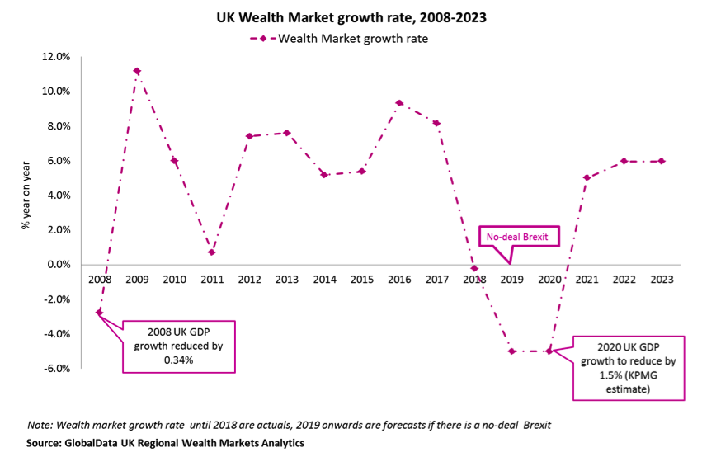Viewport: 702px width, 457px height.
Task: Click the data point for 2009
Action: [137, 71]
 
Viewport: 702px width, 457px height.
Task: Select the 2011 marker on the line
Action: [212, 252]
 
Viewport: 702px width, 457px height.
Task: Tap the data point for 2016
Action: [399, 103]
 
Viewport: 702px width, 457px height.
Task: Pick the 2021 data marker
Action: [587, 177]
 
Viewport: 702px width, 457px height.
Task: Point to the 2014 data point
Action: [324, 175]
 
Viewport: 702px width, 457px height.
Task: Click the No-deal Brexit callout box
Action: [520, 238]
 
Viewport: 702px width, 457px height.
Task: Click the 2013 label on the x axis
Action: [287, 280]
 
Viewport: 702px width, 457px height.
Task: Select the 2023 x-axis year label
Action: [662, 280]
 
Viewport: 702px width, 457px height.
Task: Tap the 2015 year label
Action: [362, 280]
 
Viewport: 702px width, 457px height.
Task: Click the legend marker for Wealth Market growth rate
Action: [263, 38]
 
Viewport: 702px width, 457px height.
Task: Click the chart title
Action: [351, 16]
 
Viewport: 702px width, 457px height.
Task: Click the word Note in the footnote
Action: [39, 425]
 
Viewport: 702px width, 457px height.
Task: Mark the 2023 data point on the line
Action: [662, 161]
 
